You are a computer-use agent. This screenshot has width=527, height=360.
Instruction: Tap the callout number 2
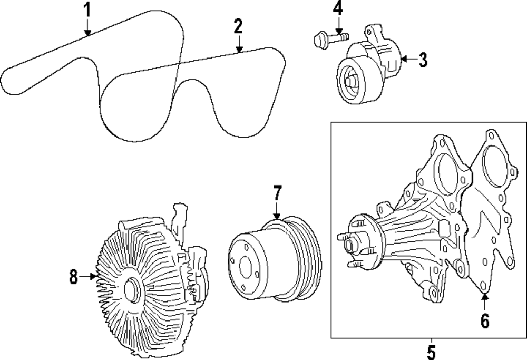point(239,26)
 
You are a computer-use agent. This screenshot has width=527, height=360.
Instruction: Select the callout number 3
point(422,60)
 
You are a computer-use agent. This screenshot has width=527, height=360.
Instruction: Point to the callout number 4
point(338,8)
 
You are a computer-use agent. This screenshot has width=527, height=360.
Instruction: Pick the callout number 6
point(485,320)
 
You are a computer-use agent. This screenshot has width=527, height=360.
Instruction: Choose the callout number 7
point(278,193)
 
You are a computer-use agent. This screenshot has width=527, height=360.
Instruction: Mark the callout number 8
point(74,275)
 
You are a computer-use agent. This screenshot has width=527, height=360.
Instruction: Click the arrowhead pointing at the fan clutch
point(95,275)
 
